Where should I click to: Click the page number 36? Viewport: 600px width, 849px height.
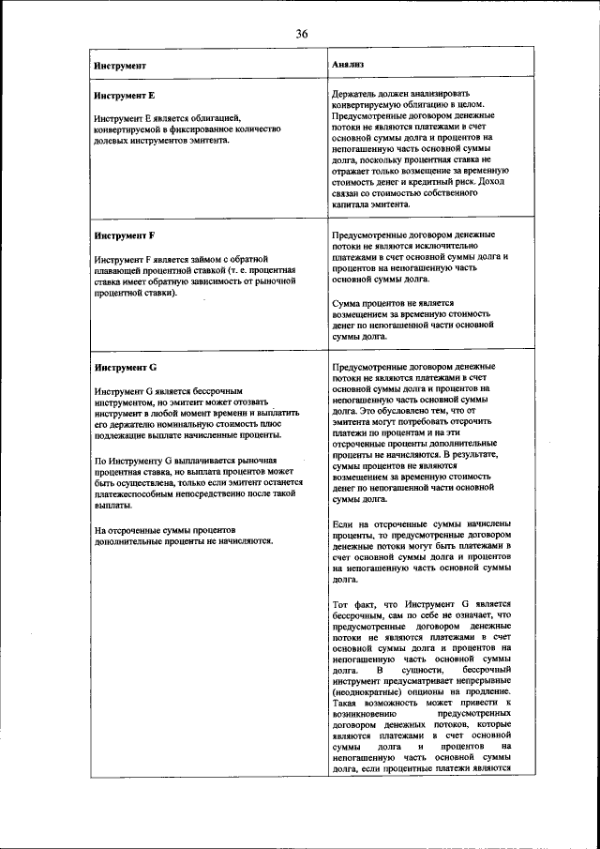[x=302, y=34]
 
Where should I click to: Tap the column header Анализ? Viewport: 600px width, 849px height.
[x=348, y=66]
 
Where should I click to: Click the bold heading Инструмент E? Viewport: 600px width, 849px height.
[x=125, y=97]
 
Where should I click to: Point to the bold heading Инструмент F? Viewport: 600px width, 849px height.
[x=125, y=235]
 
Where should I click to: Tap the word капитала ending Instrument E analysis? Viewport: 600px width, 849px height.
[x=353, y=203]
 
